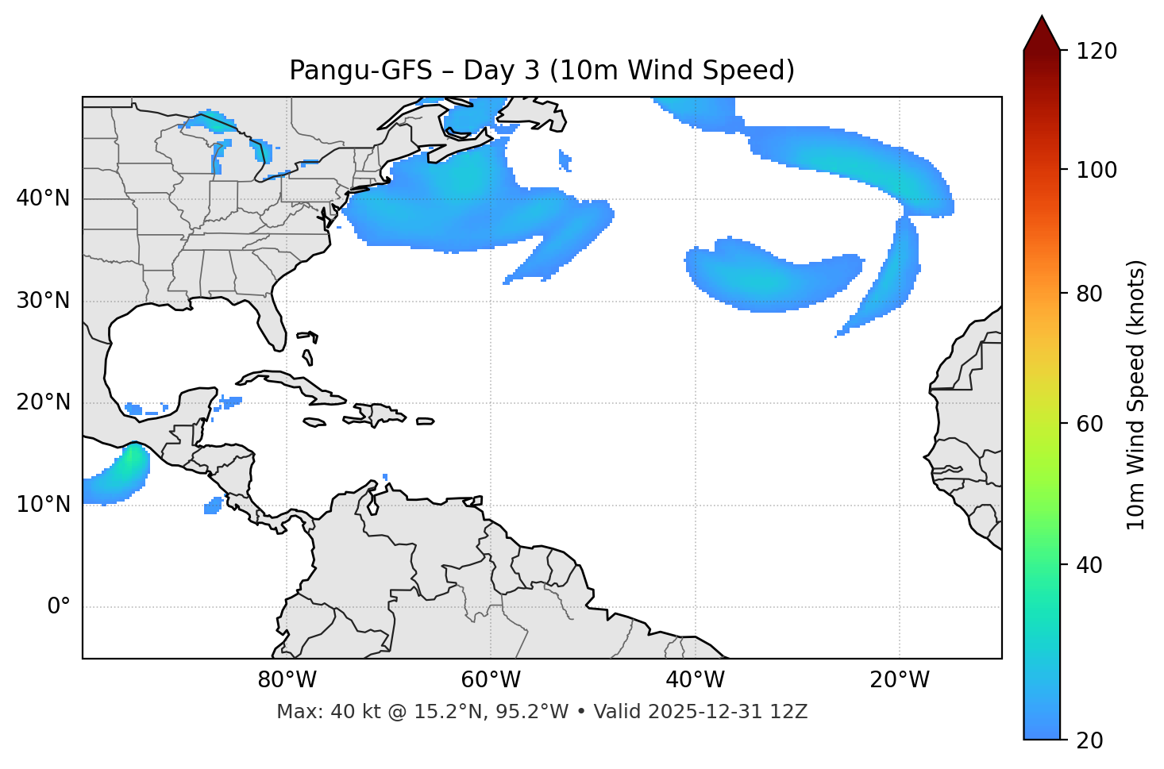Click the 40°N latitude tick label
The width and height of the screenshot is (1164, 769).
[43, 198]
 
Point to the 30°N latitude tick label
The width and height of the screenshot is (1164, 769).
[43, 301]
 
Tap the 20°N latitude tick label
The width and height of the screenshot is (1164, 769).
[43, 402]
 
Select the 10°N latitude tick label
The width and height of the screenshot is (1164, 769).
[43, 505]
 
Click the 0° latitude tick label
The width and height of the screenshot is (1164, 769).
[59, 607]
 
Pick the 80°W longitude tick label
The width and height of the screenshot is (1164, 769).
[287, 680]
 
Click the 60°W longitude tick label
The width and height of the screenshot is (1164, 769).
[491, 680]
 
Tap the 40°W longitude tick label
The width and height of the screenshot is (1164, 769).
[695, 680]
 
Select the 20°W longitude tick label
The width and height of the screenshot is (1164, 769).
[900, 680]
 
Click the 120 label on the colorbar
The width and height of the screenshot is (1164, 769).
[1097, 52]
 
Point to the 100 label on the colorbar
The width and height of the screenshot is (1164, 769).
[1097, 170]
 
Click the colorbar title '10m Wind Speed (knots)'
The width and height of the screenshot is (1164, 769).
[1136, 394]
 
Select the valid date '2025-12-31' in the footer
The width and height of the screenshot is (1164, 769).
[699, 712]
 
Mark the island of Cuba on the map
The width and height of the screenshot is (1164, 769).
[294, 384]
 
